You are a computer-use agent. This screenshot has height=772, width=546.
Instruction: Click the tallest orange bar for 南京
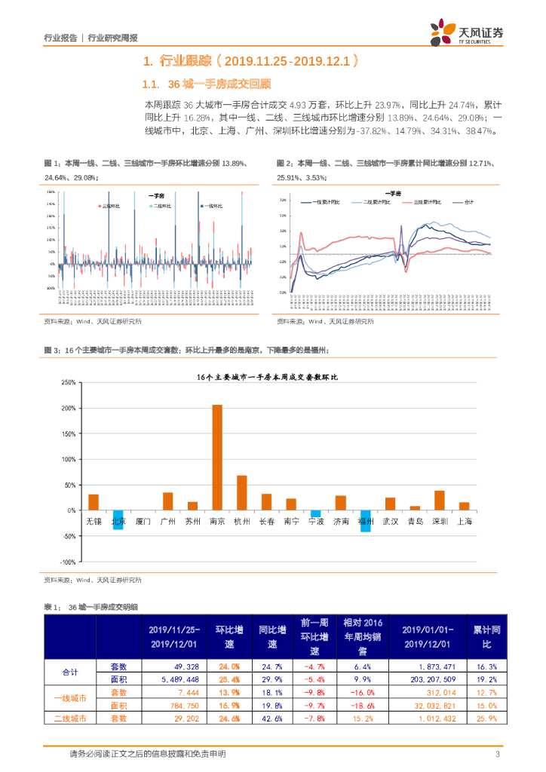coord(216,457)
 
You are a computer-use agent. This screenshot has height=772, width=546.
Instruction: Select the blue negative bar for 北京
coord(118,519)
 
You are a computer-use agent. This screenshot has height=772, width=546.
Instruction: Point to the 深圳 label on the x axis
coord(439,520)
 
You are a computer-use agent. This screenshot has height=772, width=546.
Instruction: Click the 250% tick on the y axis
coord(67,382)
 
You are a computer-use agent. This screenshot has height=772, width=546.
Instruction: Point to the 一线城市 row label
coord(70,699)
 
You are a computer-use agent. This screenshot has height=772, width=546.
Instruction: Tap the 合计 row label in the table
coord(70,673)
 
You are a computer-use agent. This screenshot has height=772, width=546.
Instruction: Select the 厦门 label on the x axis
coord(143,520)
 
